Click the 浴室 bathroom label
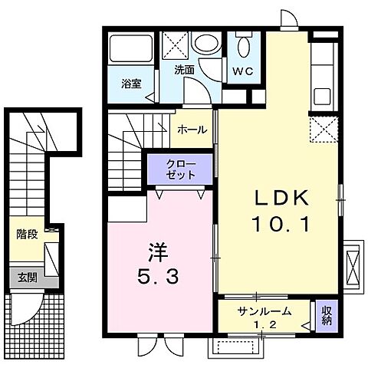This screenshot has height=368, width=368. pos(130,84)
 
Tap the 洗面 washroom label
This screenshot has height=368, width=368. pos(183,69)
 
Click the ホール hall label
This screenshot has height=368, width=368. pos(192,130)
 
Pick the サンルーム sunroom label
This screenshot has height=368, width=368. pos(264,310)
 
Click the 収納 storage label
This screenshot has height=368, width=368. pos(325,314)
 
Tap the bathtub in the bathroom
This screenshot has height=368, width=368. pos(131,51)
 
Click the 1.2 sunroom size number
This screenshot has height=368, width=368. pos(264,324)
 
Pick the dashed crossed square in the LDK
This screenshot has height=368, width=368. pos(323,127)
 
